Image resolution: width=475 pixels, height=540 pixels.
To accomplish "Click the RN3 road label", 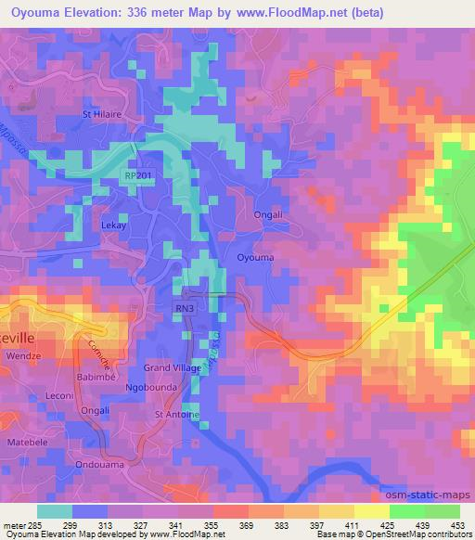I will tap(187, 308).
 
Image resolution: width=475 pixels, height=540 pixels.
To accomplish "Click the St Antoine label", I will tap(176, 415).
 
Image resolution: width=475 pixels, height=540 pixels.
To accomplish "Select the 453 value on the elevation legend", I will tap(457, 524).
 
